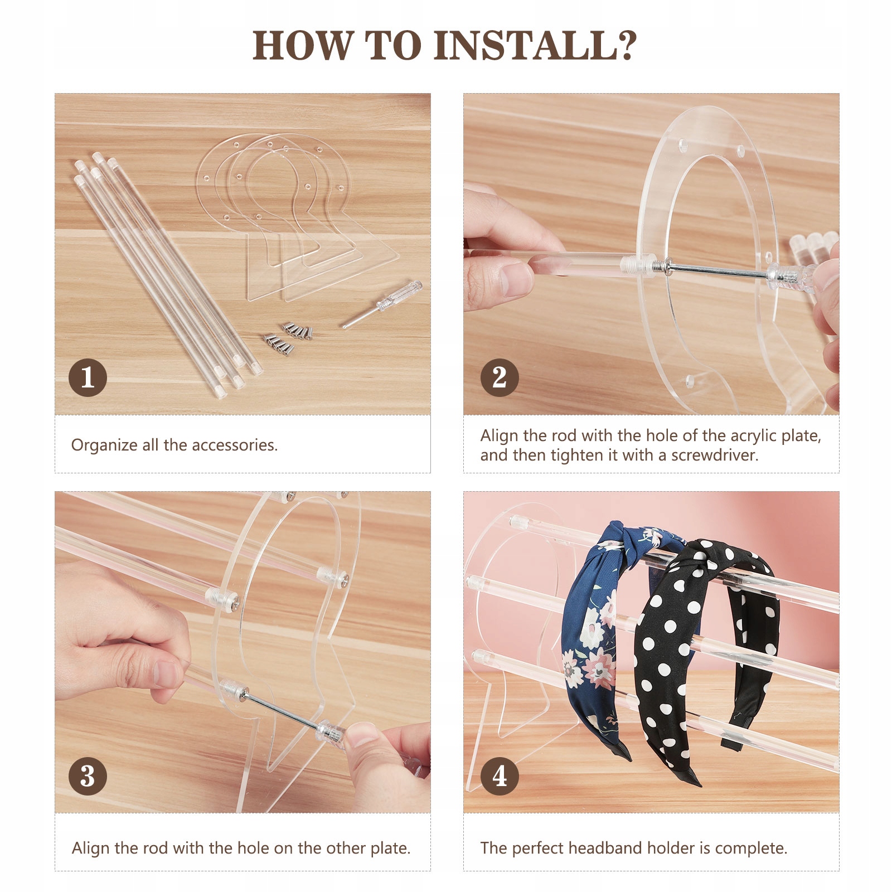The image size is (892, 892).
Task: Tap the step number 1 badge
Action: (x=88, y=377)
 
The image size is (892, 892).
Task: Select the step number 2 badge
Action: (x=500, y=377)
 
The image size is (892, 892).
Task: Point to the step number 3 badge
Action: (x=88, y=775)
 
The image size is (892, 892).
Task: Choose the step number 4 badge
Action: (x=500, y=775)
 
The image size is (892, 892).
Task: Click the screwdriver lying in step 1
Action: (x=382, y=304)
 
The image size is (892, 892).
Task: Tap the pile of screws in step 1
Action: (x=288, y=337)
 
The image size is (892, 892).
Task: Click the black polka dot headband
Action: (x=705, y=658)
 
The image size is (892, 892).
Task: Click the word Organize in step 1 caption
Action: (x=104, y=445)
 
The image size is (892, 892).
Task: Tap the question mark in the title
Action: (x=627, y=45)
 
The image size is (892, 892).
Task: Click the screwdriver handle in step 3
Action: (x=331, y=731)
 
